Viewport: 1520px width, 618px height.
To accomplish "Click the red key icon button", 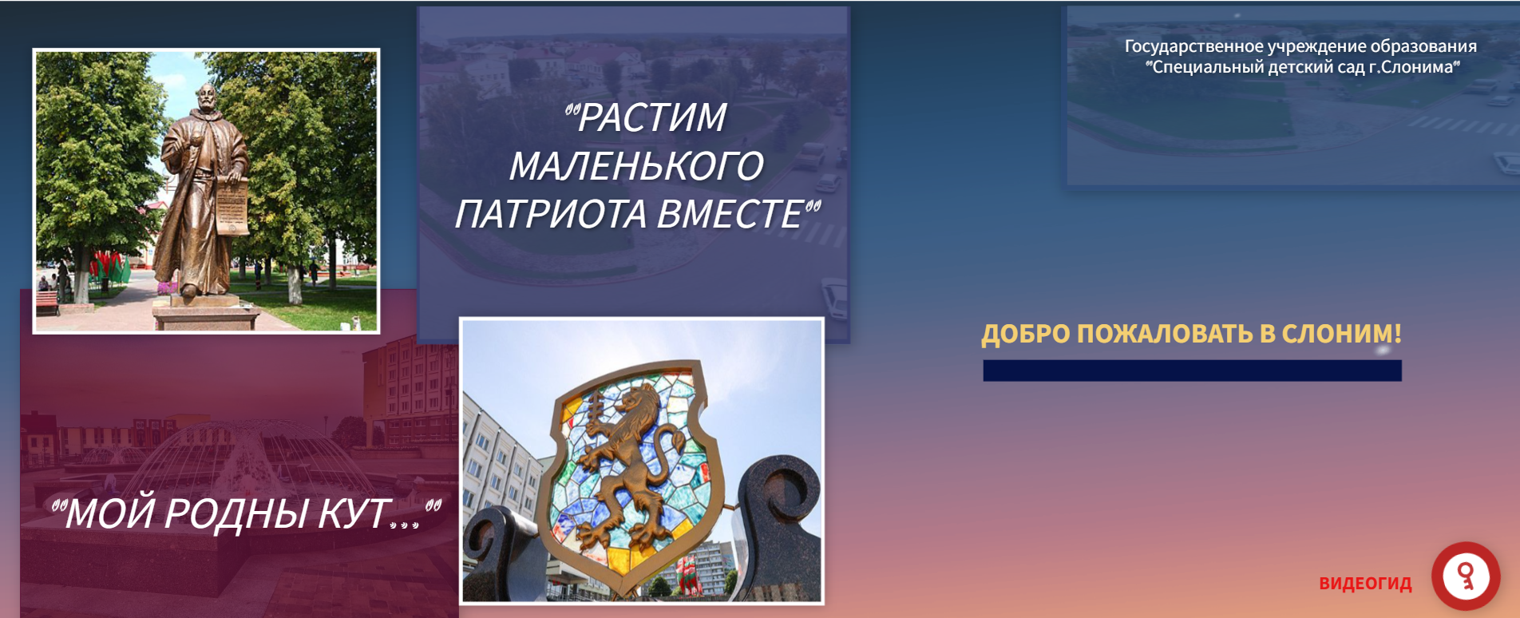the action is [x=1466, y=576].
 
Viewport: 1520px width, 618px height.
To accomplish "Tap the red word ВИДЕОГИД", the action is [x=1365, y=584].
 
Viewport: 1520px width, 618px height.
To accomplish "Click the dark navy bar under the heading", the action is [x=1192, y=370].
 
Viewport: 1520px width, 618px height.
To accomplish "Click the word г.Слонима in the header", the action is [x=1414, y=67].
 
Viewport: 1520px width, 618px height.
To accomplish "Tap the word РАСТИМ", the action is [x=651, y=118].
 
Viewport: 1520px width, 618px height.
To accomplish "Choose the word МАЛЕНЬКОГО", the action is [x=636, y=166].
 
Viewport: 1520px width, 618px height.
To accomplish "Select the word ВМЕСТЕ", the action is [x=730, y=214].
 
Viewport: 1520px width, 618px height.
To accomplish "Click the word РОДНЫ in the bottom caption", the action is [x=236, y=513].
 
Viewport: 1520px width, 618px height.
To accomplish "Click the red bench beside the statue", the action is [x=47, y=302].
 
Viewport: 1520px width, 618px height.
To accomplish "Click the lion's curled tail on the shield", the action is [x=669, y=457].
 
